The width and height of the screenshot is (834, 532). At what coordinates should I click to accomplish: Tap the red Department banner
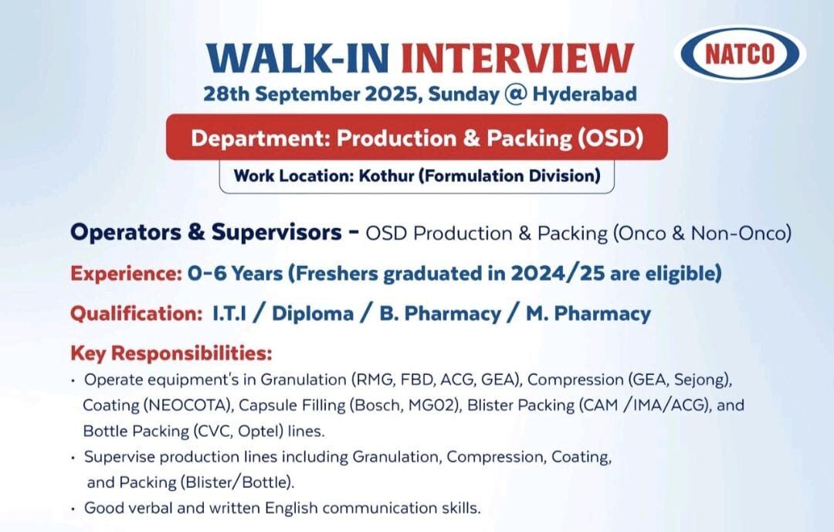(x=417, y=138)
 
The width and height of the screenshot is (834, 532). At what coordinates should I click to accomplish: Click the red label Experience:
(x=125, y=273)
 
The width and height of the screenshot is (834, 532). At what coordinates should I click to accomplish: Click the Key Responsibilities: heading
(x=171, y=354)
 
